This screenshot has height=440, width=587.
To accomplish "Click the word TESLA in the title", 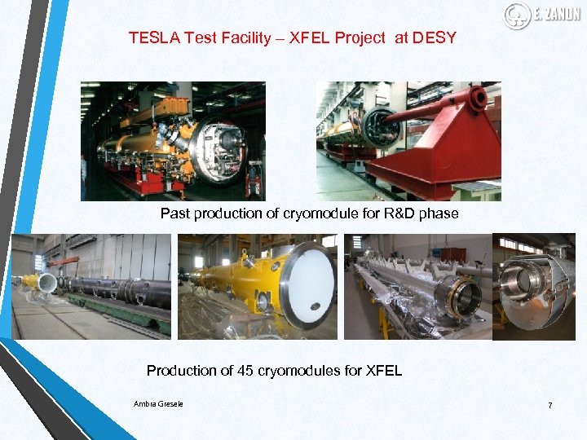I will click(x=150, y=37).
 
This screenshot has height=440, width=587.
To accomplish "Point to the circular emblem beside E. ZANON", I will click(x=517, y=15).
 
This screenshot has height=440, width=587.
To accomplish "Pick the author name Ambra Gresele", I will click(x=158, y=403).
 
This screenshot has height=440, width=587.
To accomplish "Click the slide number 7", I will click(x=549, y=405).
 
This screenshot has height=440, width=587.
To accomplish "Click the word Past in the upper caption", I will click(x=174, y=213).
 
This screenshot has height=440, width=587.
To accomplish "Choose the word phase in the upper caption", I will click(x=441, y=213).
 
